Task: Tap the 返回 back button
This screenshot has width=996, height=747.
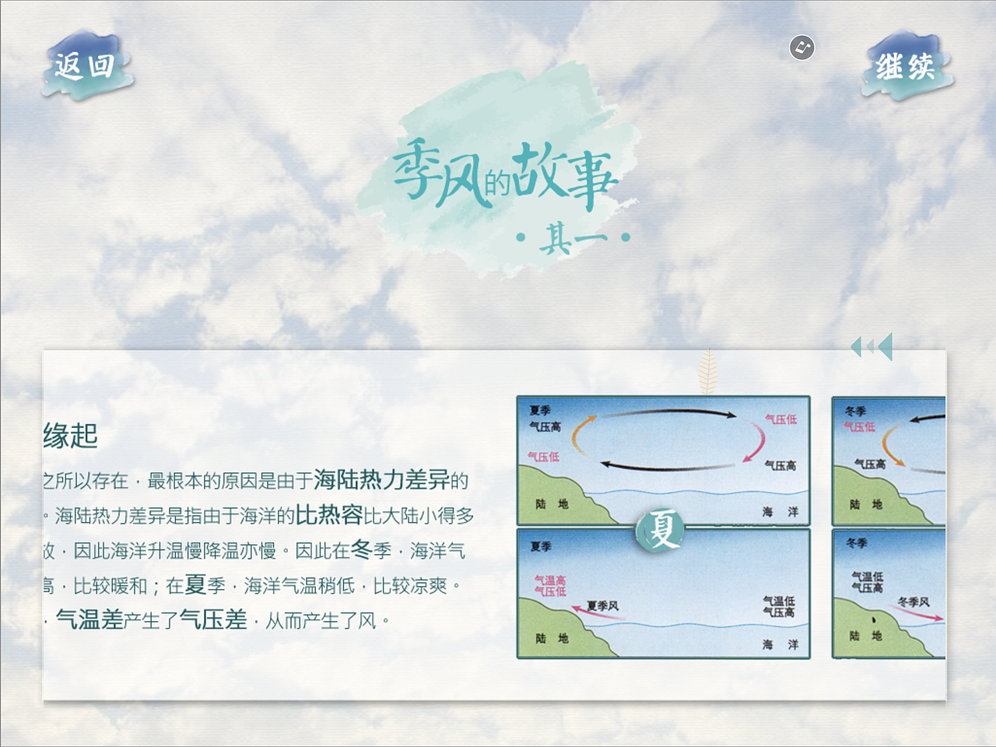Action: tap(86, 66)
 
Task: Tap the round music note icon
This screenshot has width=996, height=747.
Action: tap(801, 47)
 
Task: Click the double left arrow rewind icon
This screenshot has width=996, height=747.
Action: tap(871, 347)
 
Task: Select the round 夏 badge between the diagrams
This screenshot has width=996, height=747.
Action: tap(661, 530)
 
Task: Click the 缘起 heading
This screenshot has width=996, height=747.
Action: tap(71, 436)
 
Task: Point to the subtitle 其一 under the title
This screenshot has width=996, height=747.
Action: tap(574, 237)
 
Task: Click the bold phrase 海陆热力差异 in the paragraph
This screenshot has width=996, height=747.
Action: tap(381, 480)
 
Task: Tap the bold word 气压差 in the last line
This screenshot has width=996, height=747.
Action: tap(213, 620)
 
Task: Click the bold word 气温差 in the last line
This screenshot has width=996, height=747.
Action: tap(89, 620)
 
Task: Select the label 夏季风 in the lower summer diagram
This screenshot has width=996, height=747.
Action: tap(603, 605)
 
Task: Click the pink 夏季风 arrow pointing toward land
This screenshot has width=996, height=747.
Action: tap(602, 615)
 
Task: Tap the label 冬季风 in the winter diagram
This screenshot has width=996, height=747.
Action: tap(914, 601)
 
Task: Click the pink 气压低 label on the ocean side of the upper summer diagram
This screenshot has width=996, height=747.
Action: tap(780, 419)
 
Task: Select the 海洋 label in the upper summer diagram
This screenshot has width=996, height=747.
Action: tap(780, 512)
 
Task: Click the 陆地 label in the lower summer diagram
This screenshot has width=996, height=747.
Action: tap(552, 639)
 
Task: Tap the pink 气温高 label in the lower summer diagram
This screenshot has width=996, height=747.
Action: tap(550, 580)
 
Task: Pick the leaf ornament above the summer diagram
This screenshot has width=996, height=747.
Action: tap(707, 370)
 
